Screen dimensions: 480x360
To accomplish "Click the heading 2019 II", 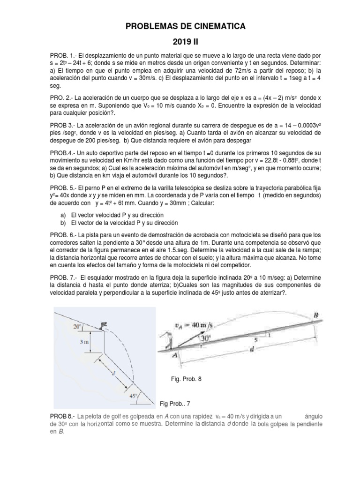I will [180, 42].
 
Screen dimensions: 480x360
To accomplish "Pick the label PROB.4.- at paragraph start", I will [62, 153].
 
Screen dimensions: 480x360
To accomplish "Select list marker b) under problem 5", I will [63, 223].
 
